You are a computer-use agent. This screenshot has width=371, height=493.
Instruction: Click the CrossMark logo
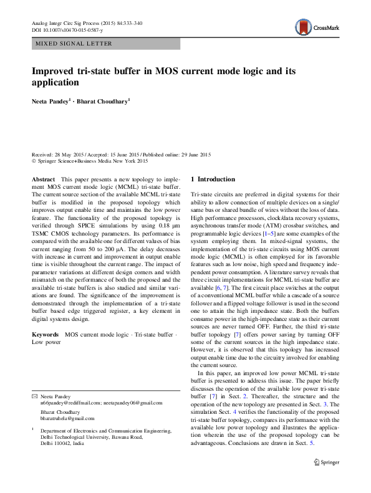point(316,27)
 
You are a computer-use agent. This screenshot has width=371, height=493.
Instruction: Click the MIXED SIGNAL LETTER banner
point(74,44)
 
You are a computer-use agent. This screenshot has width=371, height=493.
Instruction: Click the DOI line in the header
point(60,30)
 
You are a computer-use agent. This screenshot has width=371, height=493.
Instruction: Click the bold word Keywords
point(44,335)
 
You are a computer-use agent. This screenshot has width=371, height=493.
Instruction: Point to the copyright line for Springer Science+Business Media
point(90,161)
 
